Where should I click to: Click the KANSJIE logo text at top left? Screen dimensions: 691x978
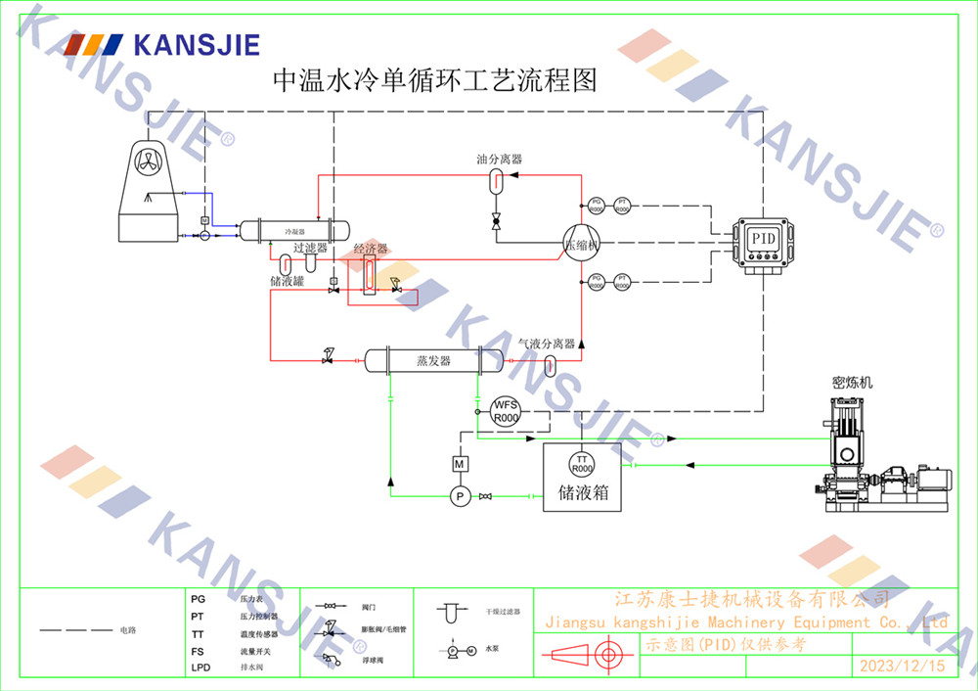coord(196,44)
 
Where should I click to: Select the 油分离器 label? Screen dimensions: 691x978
coord(499,159)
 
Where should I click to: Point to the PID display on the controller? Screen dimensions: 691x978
coord(762,238)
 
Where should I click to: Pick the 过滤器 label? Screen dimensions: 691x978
coord(310,250)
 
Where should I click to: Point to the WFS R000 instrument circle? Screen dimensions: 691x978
coord(506,411)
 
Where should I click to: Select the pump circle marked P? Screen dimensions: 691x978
coord(460,497)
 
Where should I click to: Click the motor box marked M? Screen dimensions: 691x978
coord(460,463)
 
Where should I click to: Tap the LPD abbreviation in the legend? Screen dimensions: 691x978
coord(200,668)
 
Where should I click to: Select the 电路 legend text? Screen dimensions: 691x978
coord(128,630)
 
